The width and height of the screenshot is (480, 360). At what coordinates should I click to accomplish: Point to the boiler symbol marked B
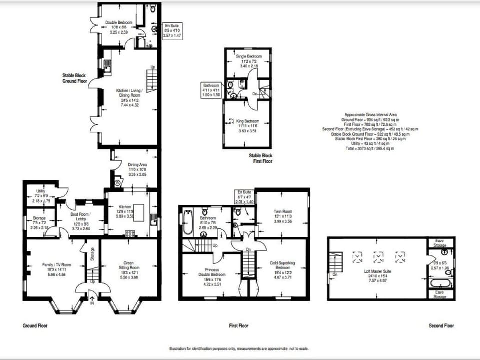click(x=118, y=183)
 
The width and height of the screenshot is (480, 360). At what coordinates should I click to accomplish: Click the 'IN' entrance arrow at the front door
click(x=92, y=302)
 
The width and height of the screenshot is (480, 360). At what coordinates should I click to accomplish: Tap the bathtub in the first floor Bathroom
click(x=187, y=223)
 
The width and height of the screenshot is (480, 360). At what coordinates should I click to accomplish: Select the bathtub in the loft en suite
click(x=441, y=284)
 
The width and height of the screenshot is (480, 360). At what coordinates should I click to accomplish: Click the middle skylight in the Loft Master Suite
click(x=379, y=257)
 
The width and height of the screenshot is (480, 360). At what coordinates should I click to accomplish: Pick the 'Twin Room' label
click(x=283, y=211)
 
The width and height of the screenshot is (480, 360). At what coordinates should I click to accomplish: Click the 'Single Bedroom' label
click(x=248, y=57)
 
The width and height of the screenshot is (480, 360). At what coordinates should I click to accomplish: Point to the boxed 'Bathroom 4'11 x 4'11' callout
click(x=211, y=90)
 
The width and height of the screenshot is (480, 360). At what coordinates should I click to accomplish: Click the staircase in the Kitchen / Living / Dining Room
click(x=152, y=80)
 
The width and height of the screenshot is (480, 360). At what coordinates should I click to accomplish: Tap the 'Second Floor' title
click(x=441, y=325)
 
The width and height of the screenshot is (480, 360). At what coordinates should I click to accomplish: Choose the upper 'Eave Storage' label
click(x=440, y=243)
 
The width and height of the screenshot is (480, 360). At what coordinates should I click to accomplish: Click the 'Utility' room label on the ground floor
click(x=41, y=191)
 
